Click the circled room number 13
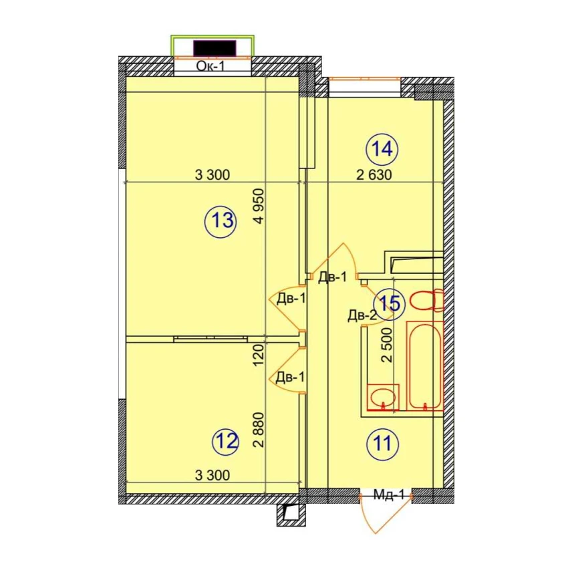221,221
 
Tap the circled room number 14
382,149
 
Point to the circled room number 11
382,444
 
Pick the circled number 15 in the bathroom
389,303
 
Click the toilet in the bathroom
427,300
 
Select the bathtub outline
424,366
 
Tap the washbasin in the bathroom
382,397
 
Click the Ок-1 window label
210,66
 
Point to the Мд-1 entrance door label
388,494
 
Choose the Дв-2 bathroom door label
362,315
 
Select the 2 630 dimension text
374,175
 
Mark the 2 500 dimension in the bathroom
387,345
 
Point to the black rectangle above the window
215,48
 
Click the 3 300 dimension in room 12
212,475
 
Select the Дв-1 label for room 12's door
290,378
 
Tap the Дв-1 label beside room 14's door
333,277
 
